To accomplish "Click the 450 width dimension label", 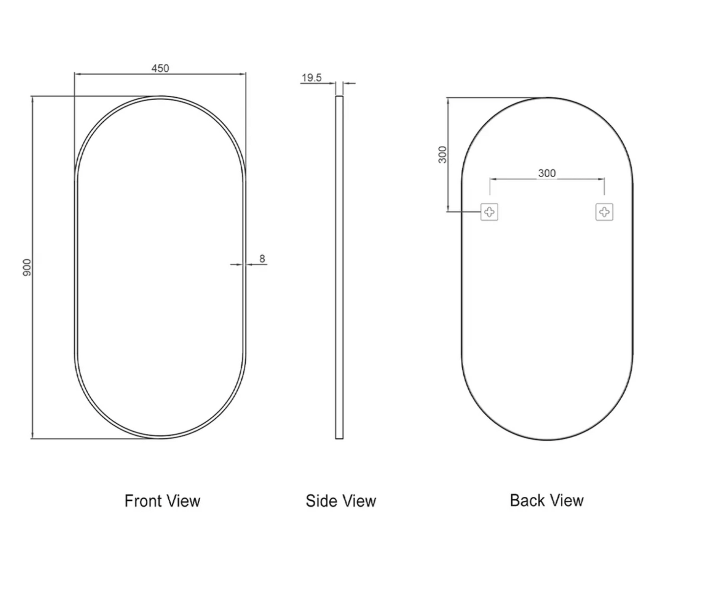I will (160, 68).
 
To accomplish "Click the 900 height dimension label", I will (27, 268).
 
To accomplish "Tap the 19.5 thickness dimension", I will (312, 78).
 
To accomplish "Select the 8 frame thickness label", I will (262, 258).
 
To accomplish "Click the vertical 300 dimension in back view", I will (443, 155).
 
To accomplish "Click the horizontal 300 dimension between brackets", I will (547, 173).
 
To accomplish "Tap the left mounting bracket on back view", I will (489, 212).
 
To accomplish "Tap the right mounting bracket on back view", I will (604, 212).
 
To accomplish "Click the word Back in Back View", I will (526, 500).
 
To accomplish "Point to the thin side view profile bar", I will (339, 268).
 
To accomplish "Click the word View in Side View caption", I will (359, 501).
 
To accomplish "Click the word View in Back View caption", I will (566, 500).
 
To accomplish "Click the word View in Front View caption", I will (183, 501).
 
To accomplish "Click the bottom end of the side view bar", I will (339, 437).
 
